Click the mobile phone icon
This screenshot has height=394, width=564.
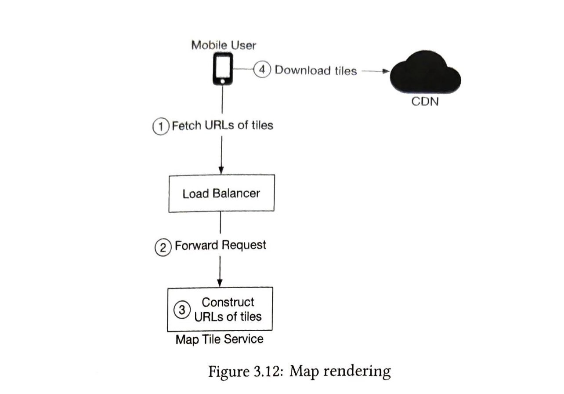tap(222, 69)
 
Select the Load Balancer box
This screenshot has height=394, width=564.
tap(221, 193)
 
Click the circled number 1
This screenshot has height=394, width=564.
tap(161, 126)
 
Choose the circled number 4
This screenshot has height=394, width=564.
tap(262, 70)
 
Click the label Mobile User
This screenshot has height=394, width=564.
tap(223, 45)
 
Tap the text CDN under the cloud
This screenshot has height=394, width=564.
tap(425, 102)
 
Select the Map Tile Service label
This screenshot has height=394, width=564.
tap(219, 339)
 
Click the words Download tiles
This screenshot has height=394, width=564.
tap(315, 70)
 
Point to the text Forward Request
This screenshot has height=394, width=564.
tap(221, 245)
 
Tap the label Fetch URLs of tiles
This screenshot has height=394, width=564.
tap(222, 125)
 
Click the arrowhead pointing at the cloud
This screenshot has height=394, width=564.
tap(387, 71)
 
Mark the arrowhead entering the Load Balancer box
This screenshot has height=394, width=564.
tap(221, 171)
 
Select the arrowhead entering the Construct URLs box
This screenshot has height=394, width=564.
tap(220, 283)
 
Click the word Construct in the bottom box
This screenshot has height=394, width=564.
tap(228, 302)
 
